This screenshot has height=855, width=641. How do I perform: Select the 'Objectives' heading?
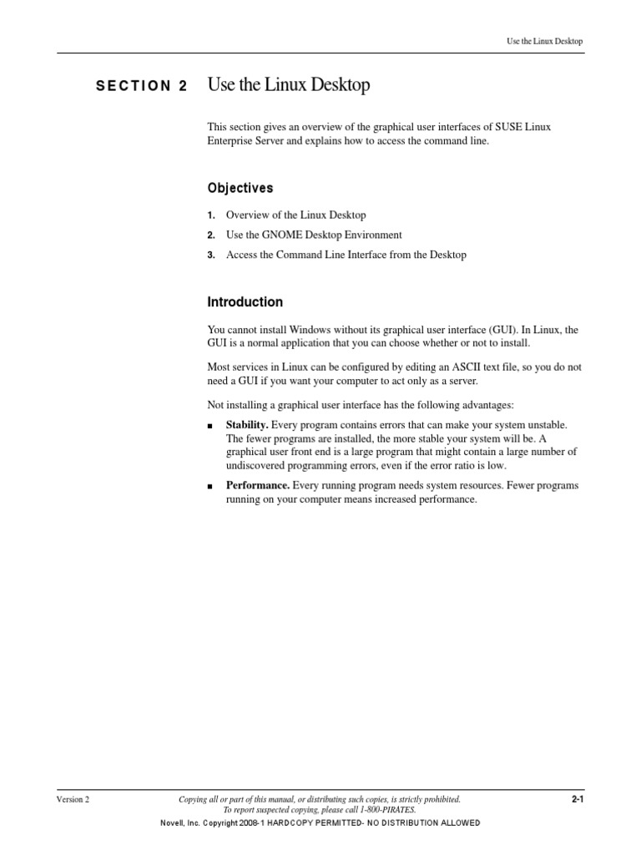(x=240, y=188)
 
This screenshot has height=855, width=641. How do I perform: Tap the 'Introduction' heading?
(x=245, y=302)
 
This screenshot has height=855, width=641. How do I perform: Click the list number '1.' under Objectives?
(x=211, y=215)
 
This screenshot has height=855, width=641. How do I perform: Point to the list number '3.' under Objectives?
(x=211, y=255)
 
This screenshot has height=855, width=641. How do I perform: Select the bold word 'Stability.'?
(x=247, y=426)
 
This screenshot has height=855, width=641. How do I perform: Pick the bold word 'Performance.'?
(x=258, y=486)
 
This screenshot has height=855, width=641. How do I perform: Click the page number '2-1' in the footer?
(x=577, y=799)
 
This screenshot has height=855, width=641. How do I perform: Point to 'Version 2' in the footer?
(x=73, y=800)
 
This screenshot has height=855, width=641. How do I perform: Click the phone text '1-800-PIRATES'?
(x=387, y=810)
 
